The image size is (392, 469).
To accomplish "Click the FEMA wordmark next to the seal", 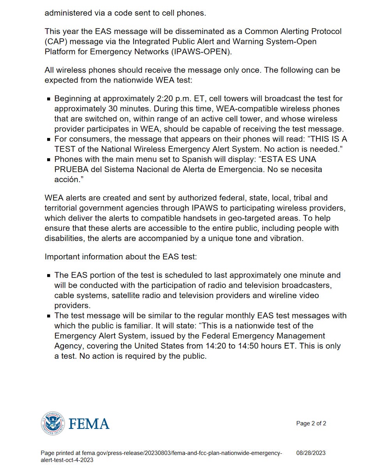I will pos(89,423).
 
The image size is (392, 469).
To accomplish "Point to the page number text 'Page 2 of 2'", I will pos(311,423).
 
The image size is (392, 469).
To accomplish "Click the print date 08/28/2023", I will pos(311,453).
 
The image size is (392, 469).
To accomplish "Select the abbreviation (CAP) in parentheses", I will pos(57,41).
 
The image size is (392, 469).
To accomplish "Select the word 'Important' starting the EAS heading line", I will pos(62,257).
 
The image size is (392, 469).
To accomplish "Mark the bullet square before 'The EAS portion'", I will pos(49,276).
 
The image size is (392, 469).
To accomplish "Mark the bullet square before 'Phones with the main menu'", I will pos(49,160).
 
